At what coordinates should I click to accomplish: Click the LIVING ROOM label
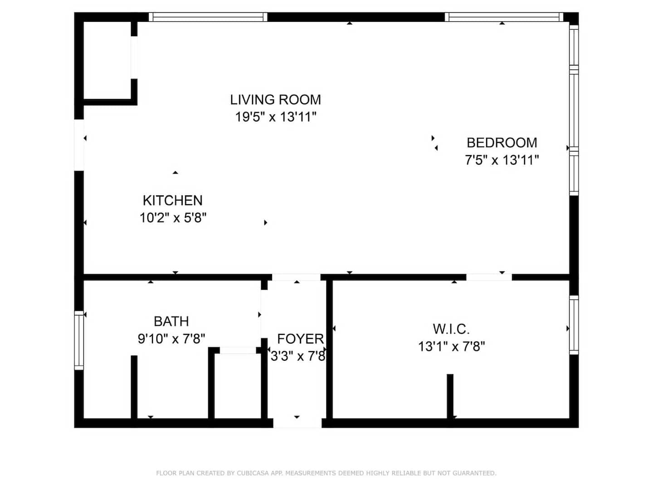coord(275,100)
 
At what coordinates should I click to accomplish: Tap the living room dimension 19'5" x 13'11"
coord(275,117)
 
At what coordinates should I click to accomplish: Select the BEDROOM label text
coord(502,143)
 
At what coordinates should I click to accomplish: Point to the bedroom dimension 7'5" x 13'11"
coord(502,160)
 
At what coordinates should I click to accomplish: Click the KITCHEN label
coord(173,201)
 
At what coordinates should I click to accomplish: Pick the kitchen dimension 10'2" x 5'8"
coord(173,218)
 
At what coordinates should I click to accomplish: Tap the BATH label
coord(171,321)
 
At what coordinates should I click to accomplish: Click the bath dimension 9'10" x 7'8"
coord(171,338)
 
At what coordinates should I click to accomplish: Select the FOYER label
coord(301,339)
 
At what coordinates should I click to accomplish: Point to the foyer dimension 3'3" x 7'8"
coord(298,356)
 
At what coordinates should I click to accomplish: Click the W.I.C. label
coord(451,329)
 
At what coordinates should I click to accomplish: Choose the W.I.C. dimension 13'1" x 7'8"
coord(451,346)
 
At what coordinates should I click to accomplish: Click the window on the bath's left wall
coord(79,340)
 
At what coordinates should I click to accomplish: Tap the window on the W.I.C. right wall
coord(574,325)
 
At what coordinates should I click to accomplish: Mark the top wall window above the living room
coord(208,17)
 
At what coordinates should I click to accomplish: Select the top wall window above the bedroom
coord(504,17)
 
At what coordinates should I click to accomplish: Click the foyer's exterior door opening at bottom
coord(297,423)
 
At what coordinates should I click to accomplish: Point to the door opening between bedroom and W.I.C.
coord(489,277)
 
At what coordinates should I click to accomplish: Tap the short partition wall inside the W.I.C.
coord(450,396)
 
